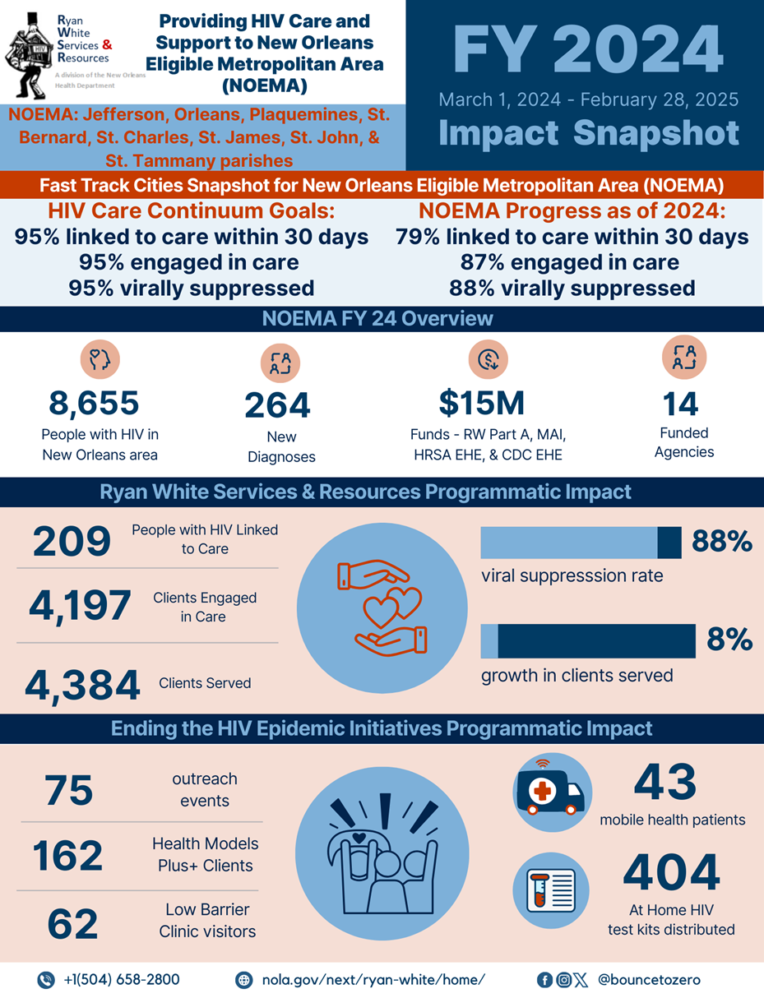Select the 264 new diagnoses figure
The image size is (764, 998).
[277, 405]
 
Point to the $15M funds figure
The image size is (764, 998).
[481, 403]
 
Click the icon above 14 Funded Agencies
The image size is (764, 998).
[684, 357]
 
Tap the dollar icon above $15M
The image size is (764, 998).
[488, 358]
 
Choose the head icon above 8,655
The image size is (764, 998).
[100, 358]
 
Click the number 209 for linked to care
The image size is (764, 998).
[72, 541]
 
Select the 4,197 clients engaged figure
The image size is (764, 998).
[80, 606]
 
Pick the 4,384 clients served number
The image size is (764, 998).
[81, 685]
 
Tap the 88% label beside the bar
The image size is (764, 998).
[722, 542]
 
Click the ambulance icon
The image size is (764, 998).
[549, 790]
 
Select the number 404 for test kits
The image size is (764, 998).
[671, 873]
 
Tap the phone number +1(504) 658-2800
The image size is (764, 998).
[122, 979]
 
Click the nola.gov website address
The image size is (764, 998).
[373, 979]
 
